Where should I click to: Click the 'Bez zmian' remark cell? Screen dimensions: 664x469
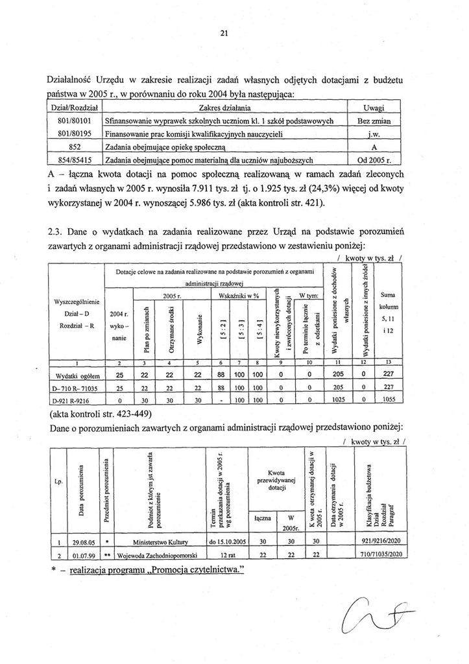378,121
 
